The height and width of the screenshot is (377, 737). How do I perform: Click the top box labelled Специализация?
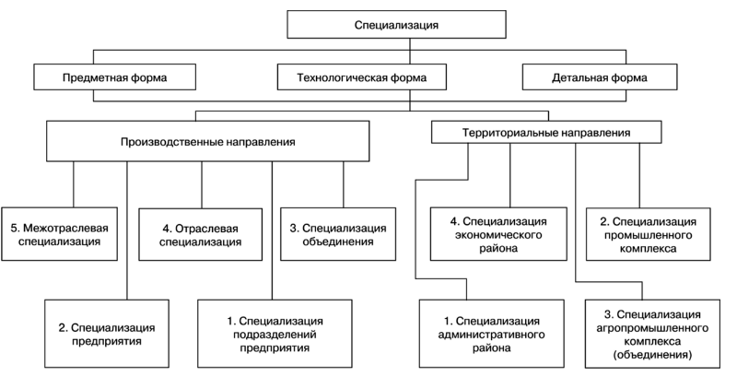pos(396,25)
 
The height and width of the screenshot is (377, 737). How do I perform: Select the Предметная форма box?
pos(114,77)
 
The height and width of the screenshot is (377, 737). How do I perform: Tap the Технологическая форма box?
pos(361,77)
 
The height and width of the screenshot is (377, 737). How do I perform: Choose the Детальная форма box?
pos(600,77)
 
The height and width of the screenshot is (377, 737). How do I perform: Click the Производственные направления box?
pos(208,142)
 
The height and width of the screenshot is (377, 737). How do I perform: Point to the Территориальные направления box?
pos(546,132)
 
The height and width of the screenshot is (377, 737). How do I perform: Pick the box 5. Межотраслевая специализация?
pos(59,234)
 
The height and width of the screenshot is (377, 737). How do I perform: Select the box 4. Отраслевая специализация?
pos(200,234)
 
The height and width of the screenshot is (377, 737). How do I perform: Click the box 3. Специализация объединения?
pos(338,234)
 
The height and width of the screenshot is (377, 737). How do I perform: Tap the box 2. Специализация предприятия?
pos(107,334)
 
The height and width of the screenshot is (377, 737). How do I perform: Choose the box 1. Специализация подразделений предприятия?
pos(275,334)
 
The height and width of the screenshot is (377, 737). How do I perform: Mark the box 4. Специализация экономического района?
pos(498,234)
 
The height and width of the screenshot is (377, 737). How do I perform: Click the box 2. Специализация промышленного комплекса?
pos(649,234)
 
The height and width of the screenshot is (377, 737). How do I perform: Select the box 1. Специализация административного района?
pos(492,334)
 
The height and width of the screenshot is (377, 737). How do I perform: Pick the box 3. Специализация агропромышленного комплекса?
pos(652,334)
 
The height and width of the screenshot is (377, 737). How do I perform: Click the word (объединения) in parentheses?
pos(652,355)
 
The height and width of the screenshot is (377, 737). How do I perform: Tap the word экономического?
pos(498,234)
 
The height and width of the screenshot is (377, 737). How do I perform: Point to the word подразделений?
pos(275,335)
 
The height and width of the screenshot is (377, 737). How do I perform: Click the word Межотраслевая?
pos(64,228)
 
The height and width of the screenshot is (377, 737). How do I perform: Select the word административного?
pos(492,335)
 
